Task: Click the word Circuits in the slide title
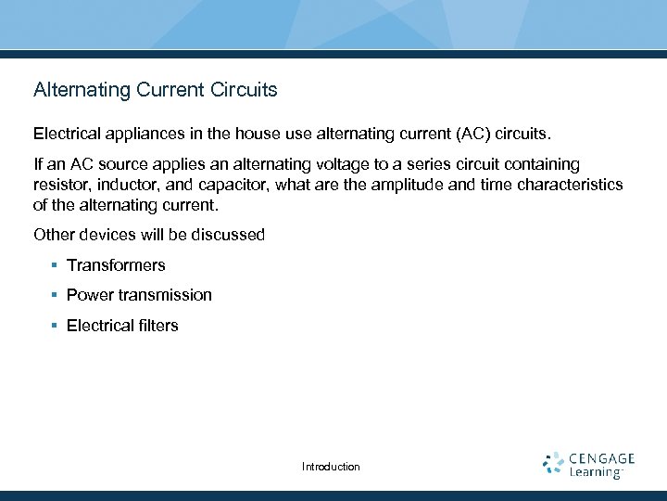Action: click(x=245, y=90)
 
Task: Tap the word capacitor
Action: click(x=235, y=185)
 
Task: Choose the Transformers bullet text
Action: click(x=116, y=265)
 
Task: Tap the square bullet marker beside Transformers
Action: click(x=56, y=265)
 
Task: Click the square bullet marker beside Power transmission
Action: click(x=56, y=295)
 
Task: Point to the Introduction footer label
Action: click(x=331, y=467)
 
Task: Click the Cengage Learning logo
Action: click(x=588, y=465)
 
